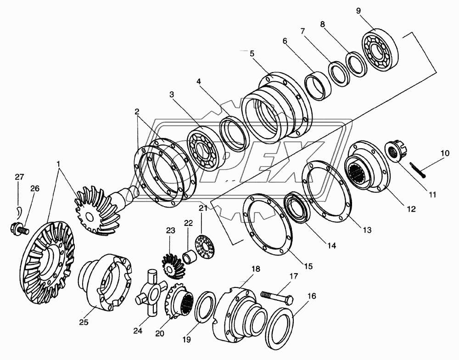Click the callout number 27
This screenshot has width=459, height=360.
pyautogui.click(x=19, y=177)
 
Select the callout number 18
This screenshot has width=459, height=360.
pyautogui.click(x=255, y=269)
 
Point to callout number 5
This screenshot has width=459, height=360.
pyautogui.click(x=252, y=53)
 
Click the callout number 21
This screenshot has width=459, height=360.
pyautogui.click(x=202, y=209)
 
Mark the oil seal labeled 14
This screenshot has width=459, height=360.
pyautogui.click(x=298, y=208)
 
